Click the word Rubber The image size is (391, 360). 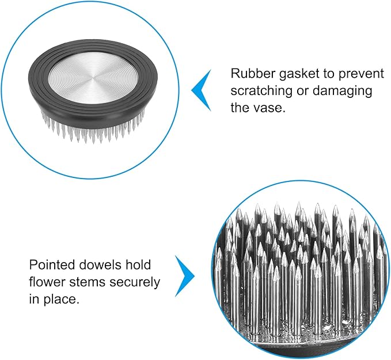click(x=253, y=74)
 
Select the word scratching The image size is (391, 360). click(x=261, y=91)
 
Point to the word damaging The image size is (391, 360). click(x=342, y=91)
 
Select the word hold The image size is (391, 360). click(x=138, y=264)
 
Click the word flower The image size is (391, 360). click(x=47, y=282)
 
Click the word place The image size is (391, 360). click(x=61, y=300)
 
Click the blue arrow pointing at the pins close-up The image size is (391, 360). click(x=185, y=276)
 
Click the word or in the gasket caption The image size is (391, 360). click(x=302, y=92)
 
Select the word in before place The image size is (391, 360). click(x=35, y=299)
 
